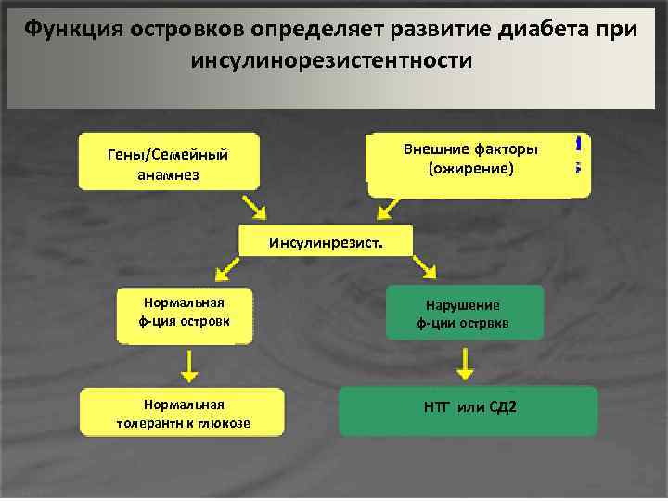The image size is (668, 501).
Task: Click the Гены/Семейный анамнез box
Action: (x=168, y=163)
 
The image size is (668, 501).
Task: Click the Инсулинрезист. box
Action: (x=325, y=242)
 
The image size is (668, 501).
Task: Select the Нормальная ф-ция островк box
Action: (x=185, y=315)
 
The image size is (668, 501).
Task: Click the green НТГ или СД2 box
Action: (x=469, y=411)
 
